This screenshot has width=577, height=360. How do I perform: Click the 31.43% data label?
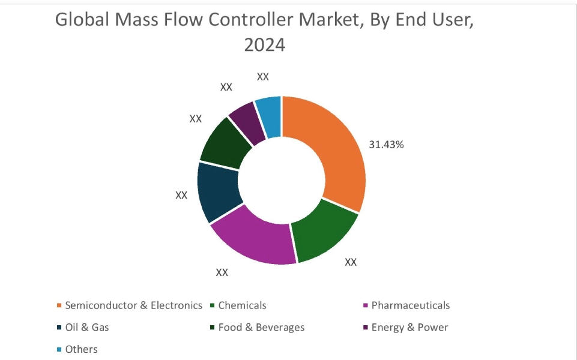[386, 145]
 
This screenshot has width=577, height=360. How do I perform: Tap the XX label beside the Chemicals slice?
[351, 262]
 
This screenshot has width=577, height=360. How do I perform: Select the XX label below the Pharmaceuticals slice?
[222, 272]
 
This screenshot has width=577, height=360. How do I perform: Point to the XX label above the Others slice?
[263, 77]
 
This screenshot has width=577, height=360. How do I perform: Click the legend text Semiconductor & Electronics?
[133, 305]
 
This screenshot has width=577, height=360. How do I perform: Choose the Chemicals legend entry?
[242, 305]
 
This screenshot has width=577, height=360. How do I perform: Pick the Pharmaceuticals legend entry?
[410, 305]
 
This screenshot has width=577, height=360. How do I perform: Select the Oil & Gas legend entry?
[87, 328]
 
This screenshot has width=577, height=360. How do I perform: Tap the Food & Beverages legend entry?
[261, 328]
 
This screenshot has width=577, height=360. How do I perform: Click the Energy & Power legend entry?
[409, 328]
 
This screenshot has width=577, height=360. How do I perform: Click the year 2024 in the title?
[264, 45]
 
